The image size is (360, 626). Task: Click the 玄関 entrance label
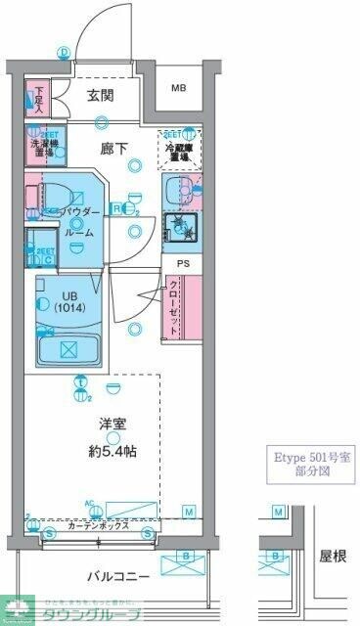click(101, 95)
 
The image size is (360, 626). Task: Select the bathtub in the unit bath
click(67, 347)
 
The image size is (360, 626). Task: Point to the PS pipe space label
click(182, 262)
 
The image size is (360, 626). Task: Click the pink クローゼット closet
click(174, 308)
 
